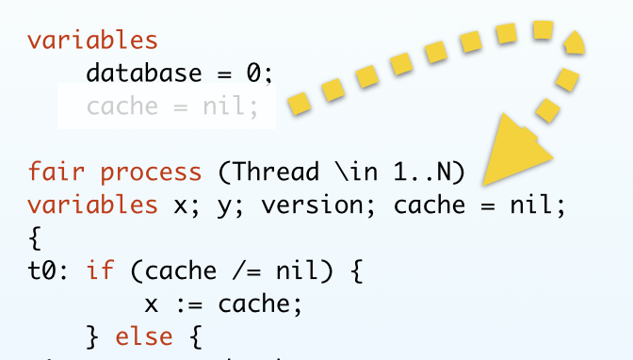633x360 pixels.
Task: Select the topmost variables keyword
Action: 92,41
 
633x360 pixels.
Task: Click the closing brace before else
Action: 92,336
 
